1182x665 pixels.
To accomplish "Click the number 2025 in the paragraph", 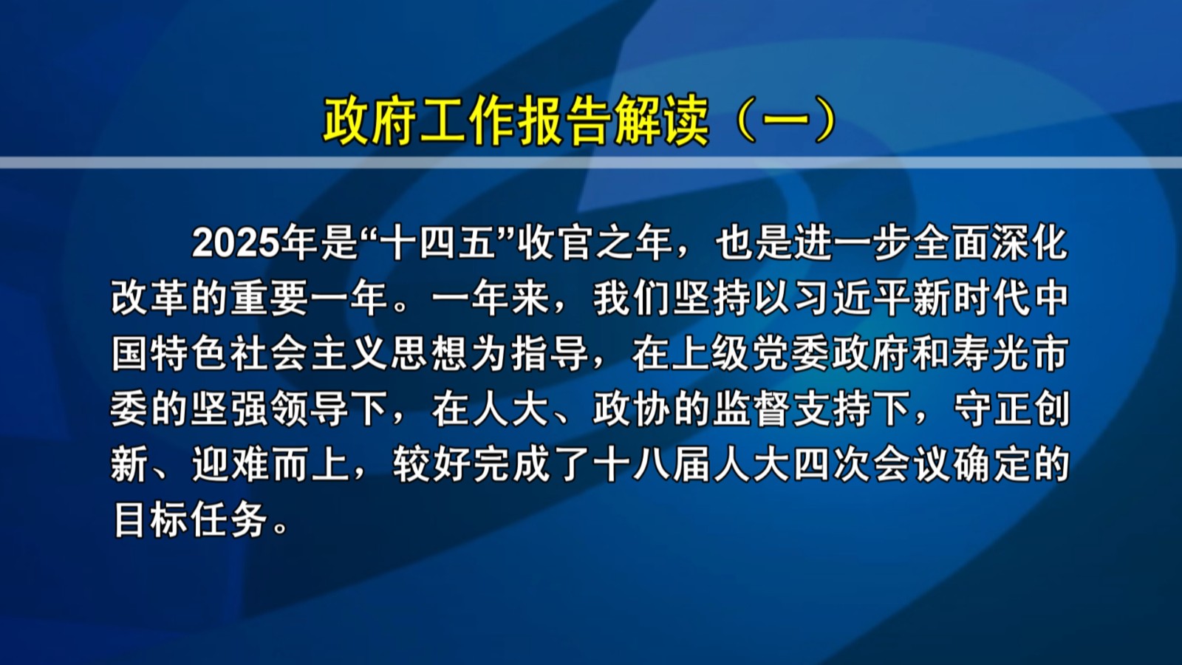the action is pos(235,244).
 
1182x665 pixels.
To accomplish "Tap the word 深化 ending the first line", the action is pos(1031,244).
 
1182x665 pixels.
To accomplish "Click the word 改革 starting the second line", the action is pos(150,299).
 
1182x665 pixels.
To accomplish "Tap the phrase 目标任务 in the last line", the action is pos(191,522).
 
